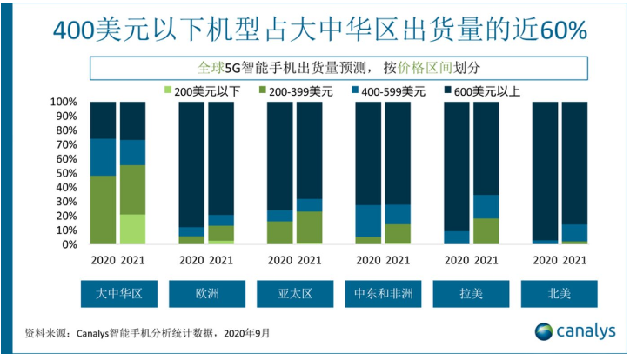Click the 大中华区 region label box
[x=117, y=294]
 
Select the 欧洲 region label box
[x=206, y=294]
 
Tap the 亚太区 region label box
[x=294, y=294]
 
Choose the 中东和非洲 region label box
[x=384, y=294]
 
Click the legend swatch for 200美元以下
[x=169, y=90]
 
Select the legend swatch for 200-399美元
[x=264, y=90]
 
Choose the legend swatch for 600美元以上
[x=451, y=90]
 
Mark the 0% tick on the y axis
[x=72, y=244]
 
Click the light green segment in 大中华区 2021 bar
[x=132, y=229]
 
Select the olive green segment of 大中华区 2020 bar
[x=103, y=210]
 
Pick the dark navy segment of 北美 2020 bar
[x=545, y=170]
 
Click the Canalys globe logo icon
[x=543, y=332]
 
